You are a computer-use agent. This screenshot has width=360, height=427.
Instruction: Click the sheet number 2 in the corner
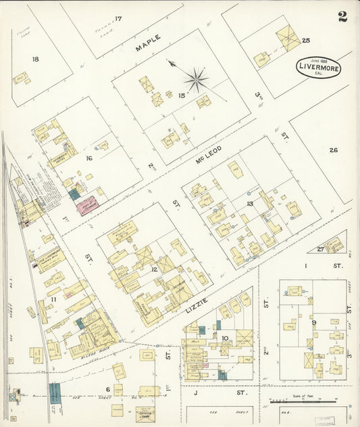(x=342, y=17)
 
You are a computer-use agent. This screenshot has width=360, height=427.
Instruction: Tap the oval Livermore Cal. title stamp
(x=318, y=68)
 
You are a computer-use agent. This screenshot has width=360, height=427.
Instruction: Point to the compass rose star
(x=195, y=80)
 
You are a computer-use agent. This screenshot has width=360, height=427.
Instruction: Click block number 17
(x=118, y=18)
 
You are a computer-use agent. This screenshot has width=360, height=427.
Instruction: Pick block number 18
(x=34, y=59)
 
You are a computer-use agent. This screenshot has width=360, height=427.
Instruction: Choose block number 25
(x=306, y=41)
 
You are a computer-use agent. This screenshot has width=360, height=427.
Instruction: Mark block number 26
(x=333, y=150)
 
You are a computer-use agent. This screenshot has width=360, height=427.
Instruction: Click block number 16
(x=88, y=158)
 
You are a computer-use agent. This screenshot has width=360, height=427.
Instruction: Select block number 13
(x=249, y=203)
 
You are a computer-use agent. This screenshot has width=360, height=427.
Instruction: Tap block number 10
(x=224, y=338)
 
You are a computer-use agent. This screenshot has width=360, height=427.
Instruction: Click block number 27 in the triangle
(x=320, y=249)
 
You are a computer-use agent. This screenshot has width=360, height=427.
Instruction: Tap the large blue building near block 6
(x=55, y=391)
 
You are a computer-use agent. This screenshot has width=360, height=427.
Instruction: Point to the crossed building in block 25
(x=288, y=38)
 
